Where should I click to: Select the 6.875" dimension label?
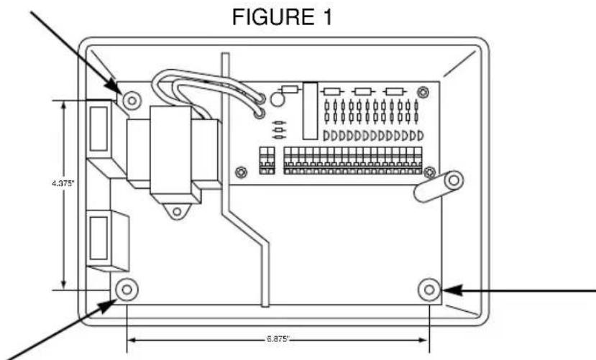click(x=278, y=336)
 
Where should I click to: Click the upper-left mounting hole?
click(x=130, y=97)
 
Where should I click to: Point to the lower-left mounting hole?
click(x=127, y=289)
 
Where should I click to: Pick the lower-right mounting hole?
click(x=430, y=289)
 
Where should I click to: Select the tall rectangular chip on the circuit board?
click(x=311, y=111)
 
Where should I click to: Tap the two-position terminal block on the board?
click(x=267, y=160)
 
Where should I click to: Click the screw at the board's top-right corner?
click(x=424, y=90)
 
